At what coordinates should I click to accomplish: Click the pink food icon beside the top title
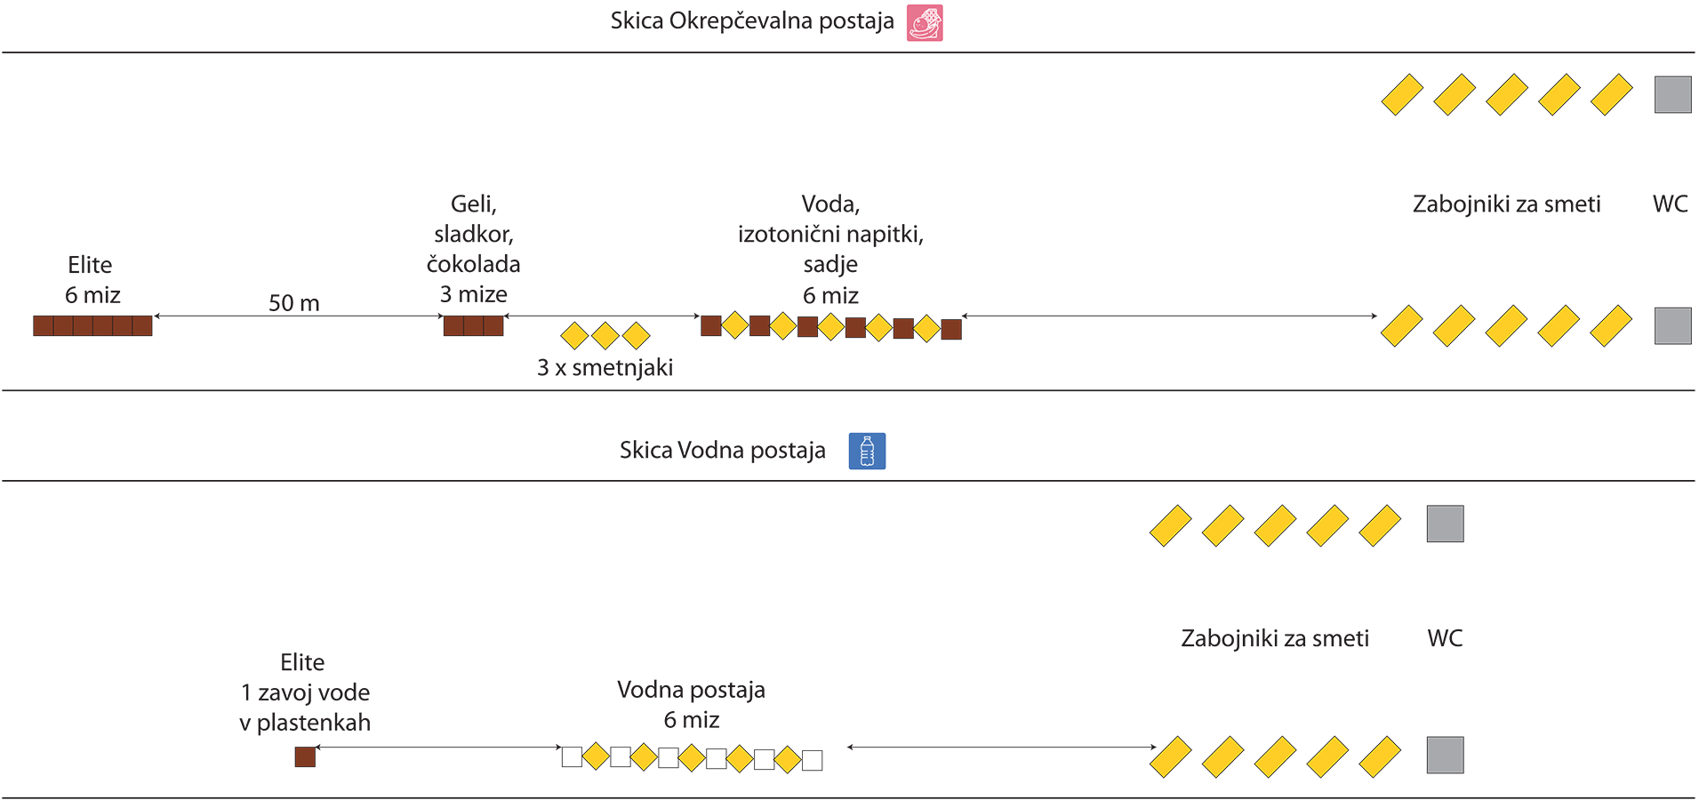coord(925,23)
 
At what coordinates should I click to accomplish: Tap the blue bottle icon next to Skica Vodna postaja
coord(867,451)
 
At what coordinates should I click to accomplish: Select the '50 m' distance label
coord(294,303)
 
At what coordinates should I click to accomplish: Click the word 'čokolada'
coord(473,264)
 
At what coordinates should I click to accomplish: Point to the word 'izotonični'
coord(791,234)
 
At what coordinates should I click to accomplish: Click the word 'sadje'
coord(830,264)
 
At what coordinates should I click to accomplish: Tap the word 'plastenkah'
coord(314,723)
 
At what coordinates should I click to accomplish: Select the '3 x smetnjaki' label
coord(605,367)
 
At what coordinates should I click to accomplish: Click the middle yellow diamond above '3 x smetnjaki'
coord(605,335)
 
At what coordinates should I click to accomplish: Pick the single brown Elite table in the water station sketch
coord(305,756)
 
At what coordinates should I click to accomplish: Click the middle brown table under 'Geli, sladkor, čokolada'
coord(474,325)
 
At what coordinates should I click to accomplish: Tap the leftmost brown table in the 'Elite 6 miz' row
coord(43,325)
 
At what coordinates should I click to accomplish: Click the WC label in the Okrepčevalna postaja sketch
coord(1670,204)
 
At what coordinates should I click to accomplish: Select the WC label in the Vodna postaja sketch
coord(1445,638)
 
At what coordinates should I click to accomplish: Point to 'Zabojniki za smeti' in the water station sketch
coord(1275,638)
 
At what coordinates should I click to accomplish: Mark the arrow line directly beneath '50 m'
coord(299,316)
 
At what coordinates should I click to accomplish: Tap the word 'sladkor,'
coord(473,234)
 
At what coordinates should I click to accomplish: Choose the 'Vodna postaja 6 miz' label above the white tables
coord(691,704)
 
